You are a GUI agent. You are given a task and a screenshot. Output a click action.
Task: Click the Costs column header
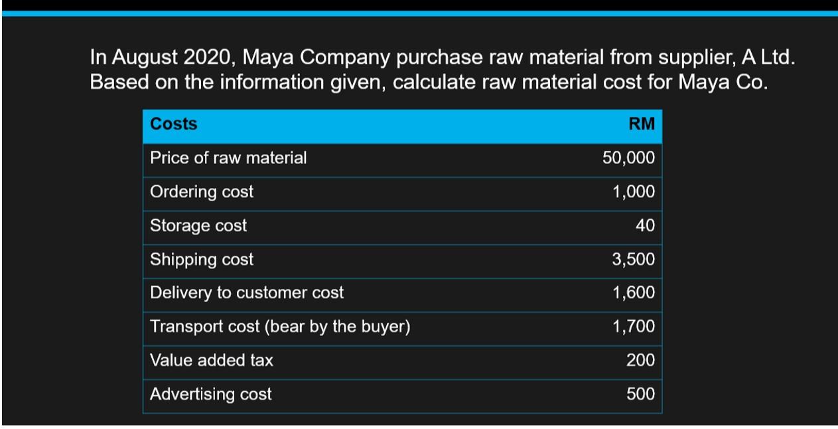pyautogui.click(x=174, y=124)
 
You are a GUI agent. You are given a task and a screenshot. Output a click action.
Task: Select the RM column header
pyautogui.click(x=641, y=124)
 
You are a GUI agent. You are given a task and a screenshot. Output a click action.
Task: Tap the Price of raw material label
pyautogui.click(x=228, y=158)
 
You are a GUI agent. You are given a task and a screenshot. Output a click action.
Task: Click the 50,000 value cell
pyautogui.click(x=628, y=158)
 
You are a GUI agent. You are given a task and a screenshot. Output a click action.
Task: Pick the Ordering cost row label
pyautogui.click(x=202, y=192)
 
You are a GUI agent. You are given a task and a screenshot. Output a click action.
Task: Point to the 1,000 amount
pyautogui.click(x=633, y=192)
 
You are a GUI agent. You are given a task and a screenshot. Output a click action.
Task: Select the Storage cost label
pyautogui.click(x=198, y=226)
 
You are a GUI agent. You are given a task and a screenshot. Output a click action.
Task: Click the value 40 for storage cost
pyautogui.click(x=645, y=226)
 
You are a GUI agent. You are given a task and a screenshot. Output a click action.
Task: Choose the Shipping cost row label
pyautogui.click(x=202, y=260)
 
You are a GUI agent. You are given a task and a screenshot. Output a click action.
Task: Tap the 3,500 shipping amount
pyautogui.click(x=633, y=260)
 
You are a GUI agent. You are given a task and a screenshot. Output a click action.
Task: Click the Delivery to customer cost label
pyautogui.click(x=247, y=293)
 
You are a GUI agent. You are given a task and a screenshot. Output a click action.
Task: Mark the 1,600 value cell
pyautogui.click(x=633, y=293)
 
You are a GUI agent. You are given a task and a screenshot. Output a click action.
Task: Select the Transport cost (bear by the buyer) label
pyautogui.click(x=280, y=327)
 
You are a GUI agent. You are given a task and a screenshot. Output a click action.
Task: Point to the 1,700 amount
pyautogui.click(x=633, y=327)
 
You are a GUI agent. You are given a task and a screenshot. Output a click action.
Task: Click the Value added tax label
pyautogui.click(x=212, y=361)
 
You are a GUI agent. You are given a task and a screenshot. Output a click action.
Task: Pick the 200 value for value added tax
pyautogui.click(x=640, y=361)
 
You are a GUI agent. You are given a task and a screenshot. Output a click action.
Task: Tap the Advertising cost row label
pyautogui.click(x=211, y=394)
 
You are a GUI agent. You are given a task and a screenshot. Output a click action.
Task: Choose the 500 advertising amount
pyautogui.click(x=640, y=394)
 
